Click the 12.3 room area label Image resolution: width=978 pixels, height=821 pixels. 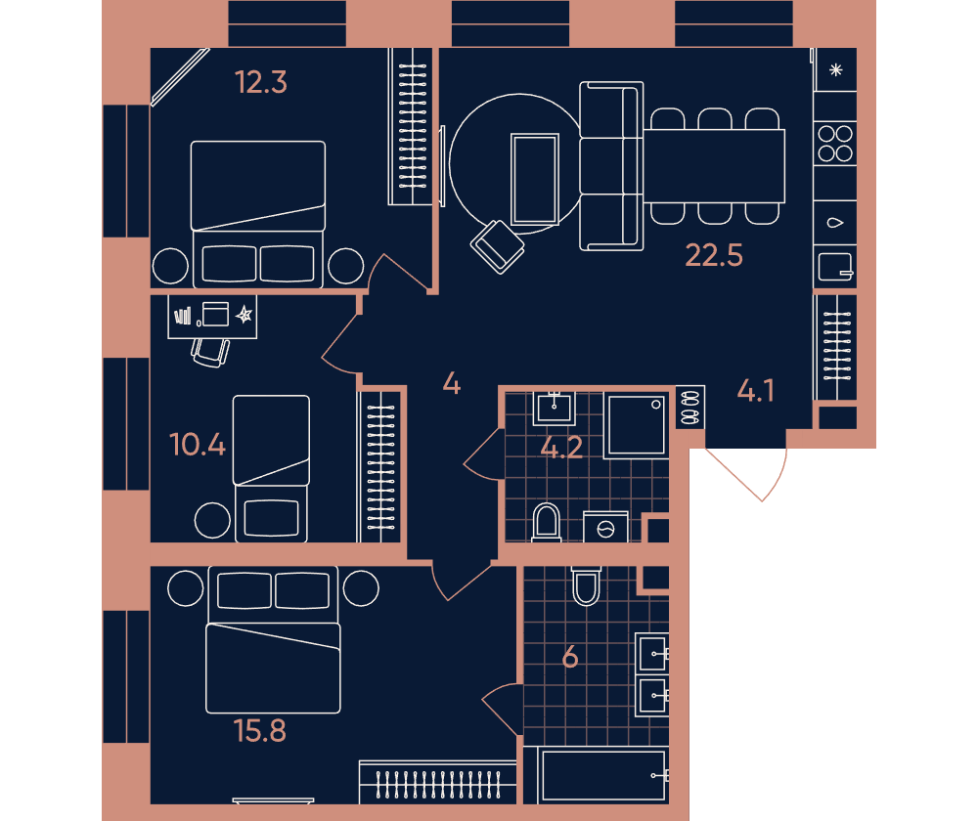click(261, 82)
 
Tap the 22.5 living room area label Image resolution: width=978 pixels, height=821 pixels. click(714, 256)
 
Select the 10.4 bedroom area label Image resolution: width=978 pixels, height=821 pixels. click(198, 445)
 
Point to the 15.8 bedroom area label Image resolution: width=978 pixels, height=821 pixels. click(260, 731)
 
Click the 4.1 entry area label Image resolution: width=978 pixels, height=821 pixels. click(755, 392)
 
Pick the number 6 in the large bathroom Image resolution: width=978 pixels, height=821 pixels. click(570, 658)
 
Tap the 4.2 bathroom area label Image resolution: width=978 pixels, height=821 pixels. click(561, 448)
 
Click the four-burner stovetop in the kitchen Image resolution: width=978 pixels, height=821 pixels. click(835, 144)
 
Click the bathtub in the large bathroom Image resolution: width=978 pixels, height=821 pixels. click(603, 775)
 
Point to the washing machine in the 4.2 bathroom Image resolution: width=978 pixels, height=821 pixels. click(605, 528)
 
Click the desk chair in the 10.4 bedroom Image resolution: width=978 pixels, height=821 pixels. click(210, 353)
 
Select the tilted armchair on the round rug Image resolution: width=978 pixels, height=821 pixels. click(497, 247)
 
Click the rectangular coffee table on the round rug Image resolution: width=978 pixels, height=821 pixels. click(535, 179)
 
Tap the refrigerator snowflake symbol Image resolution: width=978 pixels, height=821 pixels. click(836, 69)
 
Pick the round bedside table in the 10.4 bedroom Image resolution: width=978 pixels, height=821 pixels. click(212, 521)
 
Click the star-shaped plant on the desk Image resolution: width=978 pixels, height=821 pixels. click(244, 315)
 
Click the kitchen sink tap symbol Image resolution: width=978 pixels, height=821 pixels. click(835, 223)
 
